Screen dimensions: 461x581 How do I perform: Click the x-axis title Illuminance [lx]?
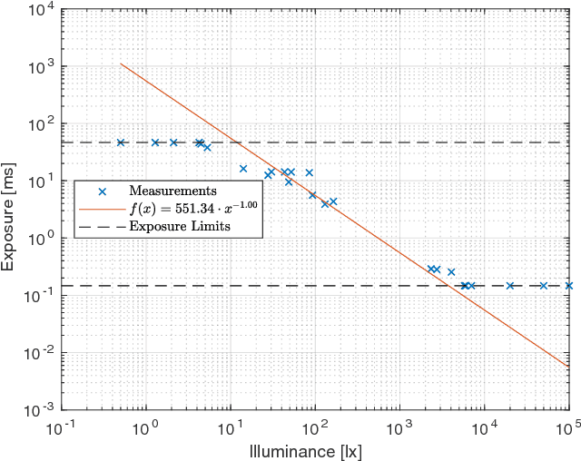[x=315, y=450]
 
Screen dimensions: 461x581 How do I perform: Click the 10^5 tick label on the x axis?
[x=569, y=427]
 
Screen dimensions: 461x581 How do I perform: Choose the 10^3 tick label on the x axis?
[x=399, y=427]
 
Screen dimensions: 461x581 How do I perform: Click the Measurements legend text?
[x=172, y=191]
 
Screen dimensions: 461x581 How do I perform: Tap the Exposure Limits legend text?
[x=180, y=226]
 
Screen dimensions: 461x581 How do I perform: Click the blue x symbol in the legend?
[x=103, y=191]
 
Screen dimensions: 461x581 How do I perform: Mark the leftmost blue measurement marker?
[x=121, y=142]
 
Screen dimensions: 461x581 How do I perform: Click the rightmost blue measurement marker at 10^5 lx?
[x=569, y=286]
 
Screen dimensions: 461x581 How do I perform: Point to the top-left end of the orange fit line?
[x=121, y=64]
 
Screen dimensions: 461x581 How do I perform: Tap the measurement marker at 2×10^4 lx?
[x=510, y=286]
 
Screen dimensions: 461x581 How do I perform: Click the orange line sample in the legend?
[x=103, y=208]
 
